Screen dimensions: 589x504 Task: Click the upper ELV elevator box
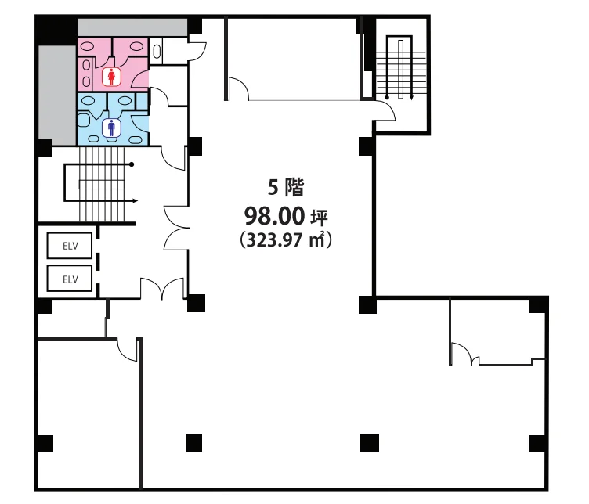(x=70, y=246)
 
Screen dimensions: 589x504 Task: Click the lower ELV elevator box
(x=70, y=279)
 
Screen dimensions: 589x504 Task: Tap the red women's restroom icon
(x=111, y=77)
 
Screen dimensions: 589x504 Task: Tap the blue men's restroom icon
(x=111, y=128)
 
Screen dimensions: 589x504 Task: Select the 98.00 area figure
(x=274, y=216)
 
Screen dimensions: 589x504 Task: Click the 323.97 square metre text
(x=286, y=240)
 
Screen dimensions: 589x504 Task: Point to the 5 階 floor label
(x=286, y=187)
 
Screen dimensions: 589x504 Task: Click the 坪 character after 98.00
(x=320, y=217)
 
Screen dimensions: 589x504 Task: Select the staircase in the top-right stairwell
(x=401, y=67)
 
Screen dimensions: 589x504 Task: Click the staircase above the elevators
(x=101, y=184)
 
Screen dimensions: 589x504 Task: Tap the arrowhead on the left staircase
(x=136, y=201)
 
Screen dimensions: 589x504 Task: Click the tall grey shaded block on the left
(x=57, y=95)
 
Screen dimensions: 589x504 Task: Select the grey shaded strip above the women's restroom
(x=132, y=27)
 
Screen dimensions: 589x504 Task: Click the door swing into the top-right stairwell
(x=385, y=111)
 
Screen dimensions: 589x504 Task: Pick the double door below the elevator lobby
(x=162, y=288)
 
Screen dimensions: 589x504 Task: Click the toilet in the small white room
(x=157, y=52)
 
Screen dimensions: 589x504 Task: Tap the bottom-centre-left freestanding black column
(x=193, y=442)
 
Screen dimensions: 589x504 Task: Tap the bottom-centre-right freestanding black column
(x=370, y=442)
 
